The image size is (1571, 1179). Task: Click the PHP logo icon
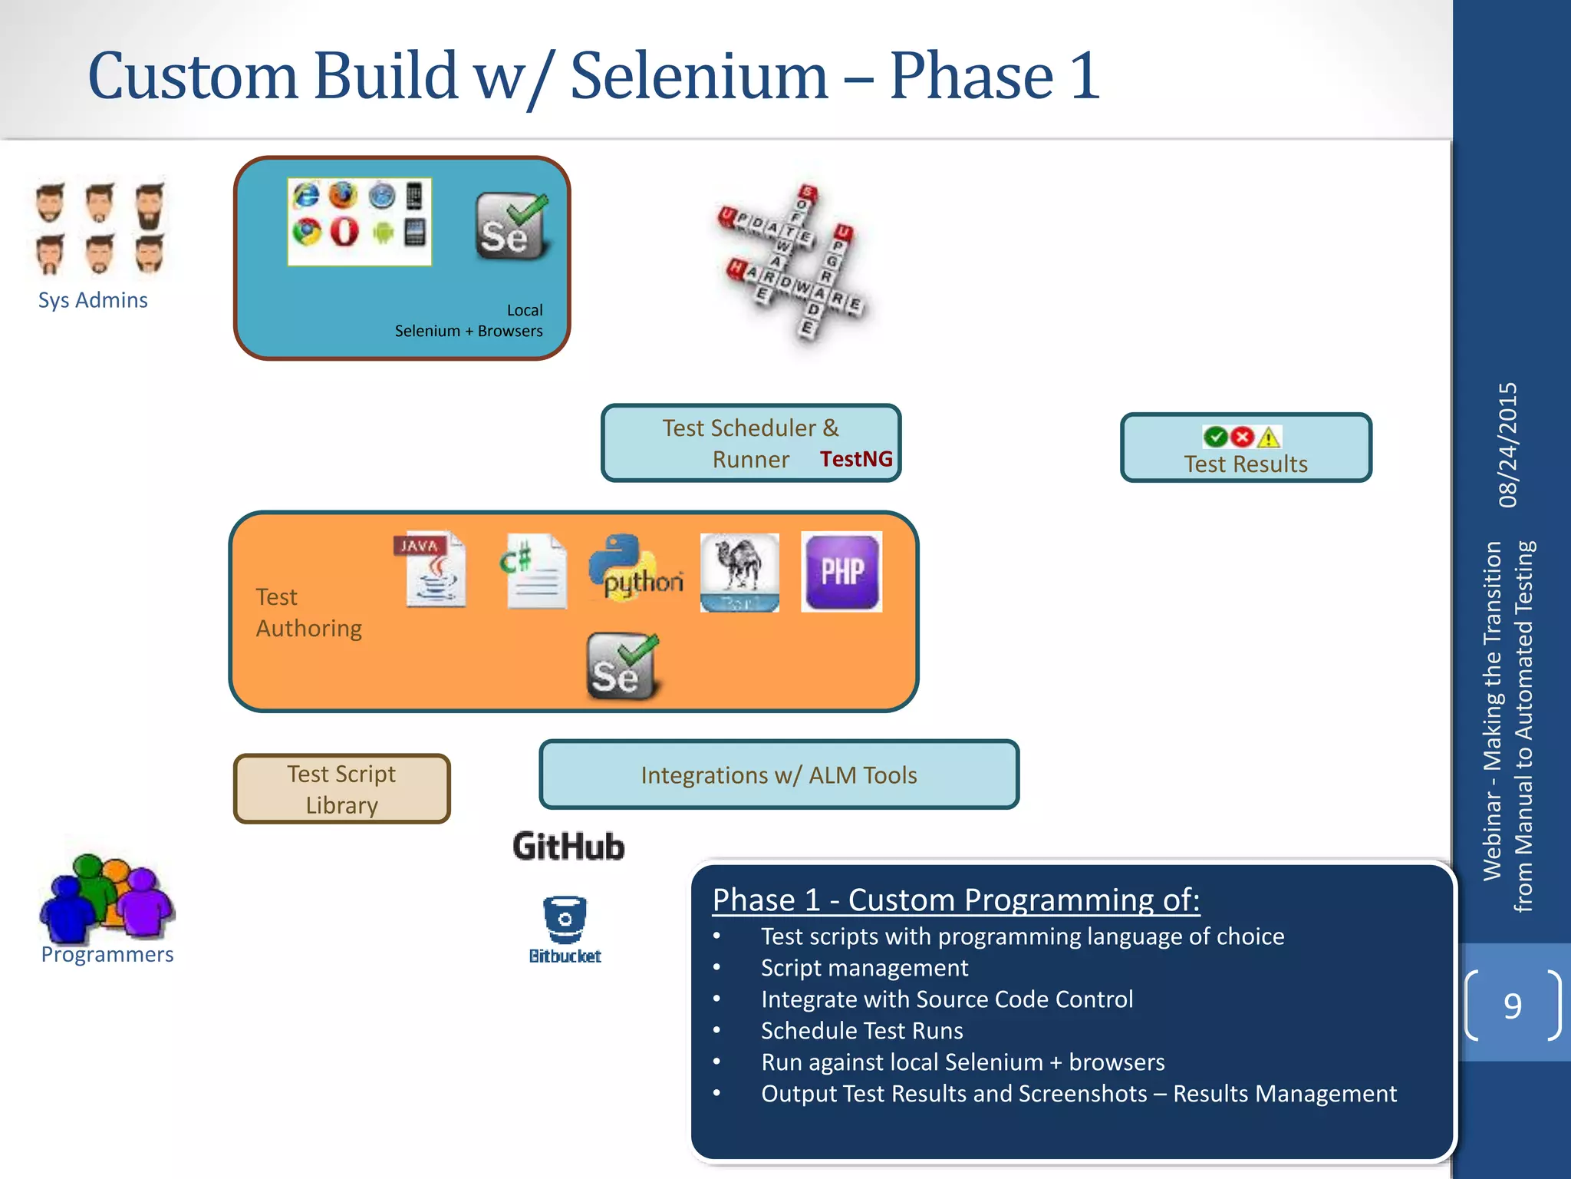pos(841,572)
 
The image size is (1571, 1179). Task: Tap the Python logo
pos(634,569)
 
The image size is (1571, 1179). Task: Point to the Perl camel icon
pos(739,572)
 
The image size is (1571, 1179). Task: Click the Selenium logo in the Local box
pos(511,226)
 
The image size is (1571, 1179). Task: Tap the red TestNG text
pos(856,459)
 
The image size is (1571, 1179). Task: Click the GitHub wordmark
pos(568,847)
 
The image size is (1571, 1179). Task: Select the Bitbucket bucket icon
pos(565,919)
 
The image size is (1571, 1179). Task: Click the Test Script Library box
pos(342,789)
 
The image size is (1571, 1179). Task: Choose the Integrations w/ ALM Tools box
pos(779,775)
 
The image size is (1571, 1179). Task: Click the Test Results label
pos(1245,464)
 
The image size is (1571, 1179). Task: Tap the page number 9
pos(1512,1006)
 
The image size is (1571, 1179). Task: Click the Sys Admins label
pos(93,300)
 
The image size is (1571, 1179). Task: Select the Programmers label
pos(107,954)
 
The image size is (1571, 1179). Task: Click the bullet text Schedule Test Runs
pos(861,1031)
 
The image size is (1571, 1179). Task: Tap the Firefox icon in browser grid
pos(343,196)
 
